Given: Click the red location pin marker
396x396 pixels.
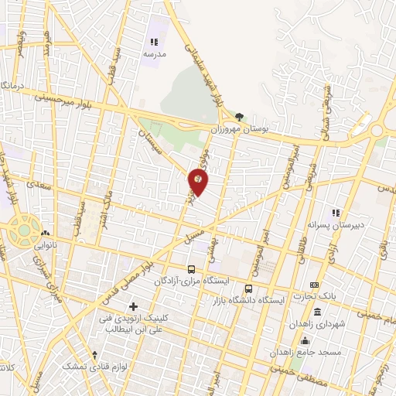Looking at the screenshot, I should coord(198,182).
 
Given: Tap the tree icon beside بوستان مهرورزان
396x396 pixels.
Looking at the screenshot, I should coord(240,118).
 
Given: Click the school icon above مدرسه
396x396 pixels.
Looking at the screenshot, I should coord(153,42).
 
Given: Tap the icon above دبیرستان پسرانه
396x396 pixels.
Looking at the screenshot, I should coord(335,212).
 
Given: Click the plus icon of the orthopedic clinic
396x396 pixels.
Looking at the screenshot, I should coord(133,307).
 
